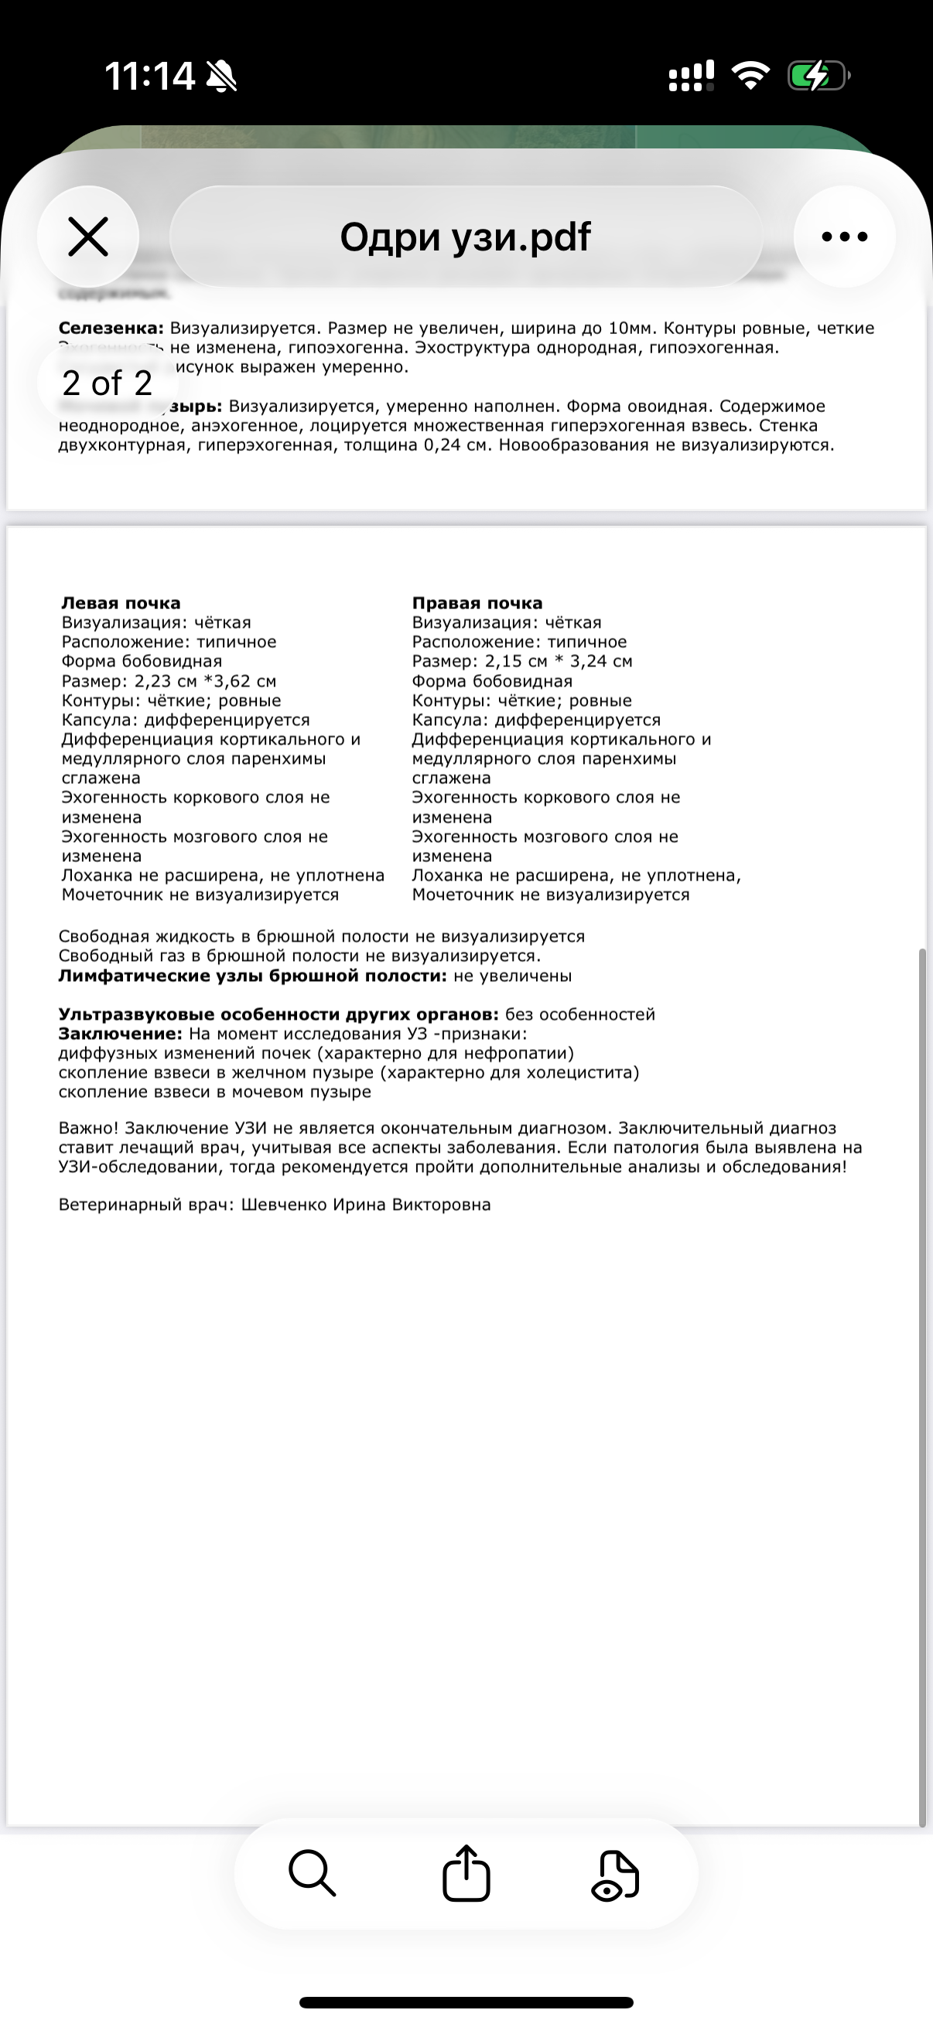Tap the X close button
point(87,237)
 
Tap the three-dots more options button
point(844,237)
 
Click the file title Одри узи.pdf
point(465,237)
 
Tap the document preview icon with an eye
point(615,1875)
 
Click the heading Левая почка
point(121,604)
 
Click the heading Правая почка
point(477,604)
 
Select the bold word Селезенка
point(111,328)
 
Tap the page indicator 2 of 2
point(107,383)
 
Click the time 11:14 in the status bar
point(149,77)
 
